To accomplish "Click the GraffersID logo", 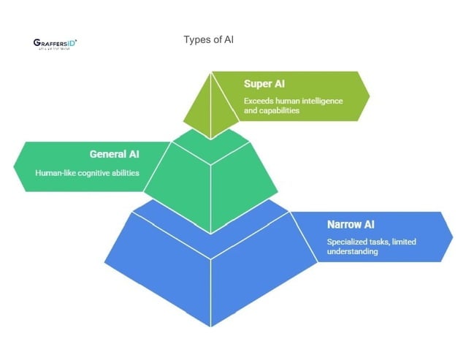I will tap(56, 44).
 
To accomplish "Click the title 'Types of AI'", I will tap(209, 39).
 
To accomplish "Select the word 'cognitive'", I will tap(96, 173).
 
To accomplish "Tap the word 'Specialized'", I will tap(347, 242).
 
